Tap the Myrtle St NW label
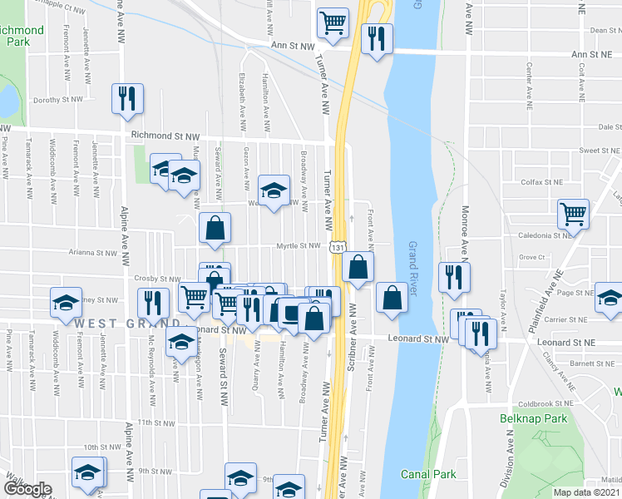coord(299,245)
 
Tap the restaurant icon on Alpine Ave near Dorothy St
coord(128,98)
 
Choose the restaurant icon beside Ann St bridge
coord(377,38)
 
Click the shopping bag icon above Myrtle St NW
coord(215,227)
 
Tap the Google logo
coord(27,489)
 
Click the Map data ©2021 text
coord(586,492)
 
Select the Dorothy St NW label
coord(57,99)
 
